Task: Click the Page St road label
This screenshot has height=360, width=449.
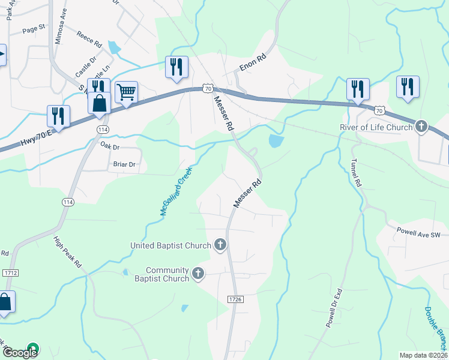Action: pyautogui.click(x=34, y=28)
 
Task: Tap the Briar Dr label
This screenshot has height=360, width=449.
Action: pyautogui.click(x=124, y=164)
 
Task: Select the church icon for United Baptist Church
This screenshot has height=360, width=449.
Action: pyautogui.click(x=220, y=244)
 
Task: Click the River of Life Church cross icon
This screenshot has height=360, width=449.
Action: pyautogui.click(x=422, y=127)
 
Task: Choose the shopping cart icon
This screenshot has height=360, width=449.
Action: pyautogui.click(x=126, y=92)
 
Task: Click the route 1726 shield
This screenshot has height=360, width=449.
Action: pyautogui.click(x=235, y=299)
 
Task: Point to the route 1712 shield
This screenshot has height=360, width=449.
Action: pyautogui.click(x=10, y=273)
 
